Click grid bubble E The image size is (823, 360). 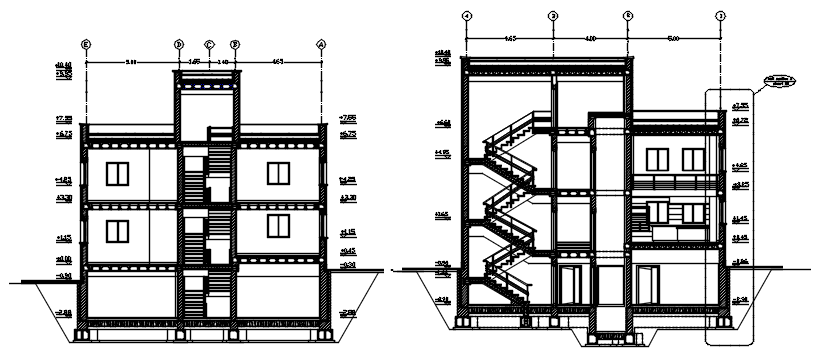pyautogui.click(x=86, y=44)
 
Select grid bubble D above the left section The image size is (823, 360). pyautogui.click(x=179, y=44)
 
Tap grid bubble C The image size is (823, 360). pyautogui.click(x=209, y=44)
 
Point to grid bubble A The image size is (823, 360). pyautogui.click(x=322, y=44)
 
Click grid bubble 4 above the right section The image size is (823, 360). pyautogui.click(x=467, y=17)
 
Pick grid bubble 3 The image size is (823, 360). pyautogui.click(x=552, y=17)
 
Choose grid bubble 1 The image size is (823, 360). pyautogui.click(x=720, y=17)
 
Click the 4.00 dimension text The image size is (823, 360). pyautogui.click(x=589, y=38)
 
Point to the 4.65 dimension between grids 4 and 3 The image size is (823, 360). pyautogui.click(x=509, y=38)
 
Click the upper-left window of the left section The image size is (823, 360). pyautogui.click(x=117, y=173)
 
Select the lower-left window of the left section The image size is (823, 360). pyautogui.click(x=117, y=232)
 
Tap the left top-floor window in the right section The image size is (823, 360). pyautogui.click(x=657, y=158)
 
